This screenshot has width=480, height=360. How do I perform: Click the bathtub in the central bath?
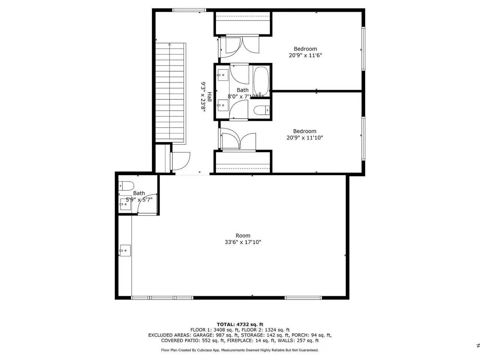[261, 81]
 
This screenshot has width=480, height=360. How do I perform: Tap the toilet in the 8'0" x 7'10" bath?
[261, 110]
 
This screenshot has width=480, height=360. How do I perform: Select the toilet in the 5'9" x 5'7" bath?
[126, 186]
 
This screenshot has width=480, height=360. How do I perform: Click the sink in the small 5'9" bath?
[125, 204]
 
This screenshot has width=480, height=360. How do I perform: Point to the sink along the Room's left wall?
[125, 250]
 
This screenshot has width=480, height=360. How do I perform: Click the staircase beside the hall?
[170, 93]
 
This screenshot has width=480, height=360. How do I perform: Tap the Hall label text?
[209, 97]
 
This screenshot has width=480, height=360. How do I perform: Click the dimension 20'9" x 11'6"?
[305, 55]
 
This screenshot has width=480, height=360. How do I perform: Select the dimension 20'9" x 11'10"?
[304, 138]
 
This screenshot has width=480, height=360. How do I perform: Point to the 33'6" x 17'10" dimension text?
[243, 242]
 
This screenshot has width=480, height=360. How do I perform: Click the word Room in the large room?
[243, 235]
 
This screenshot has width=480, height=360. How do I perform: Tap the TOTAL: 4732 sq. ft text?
[240, 324]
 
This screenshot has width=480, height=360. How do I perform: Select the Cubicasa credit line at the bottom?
[240, 350]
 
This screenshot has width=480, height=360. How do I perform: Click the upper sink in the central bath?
[223, 75]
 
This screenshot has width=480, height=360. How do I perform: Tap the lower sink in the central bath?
[223, 105]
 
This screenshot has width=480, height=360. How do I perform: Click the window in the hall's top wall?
[189, 10]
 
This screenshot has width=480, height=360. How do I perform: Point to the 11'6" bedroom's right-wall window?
[363, 48]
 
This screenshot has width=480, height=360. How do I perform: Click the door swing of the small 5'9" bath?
[147, 204]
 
